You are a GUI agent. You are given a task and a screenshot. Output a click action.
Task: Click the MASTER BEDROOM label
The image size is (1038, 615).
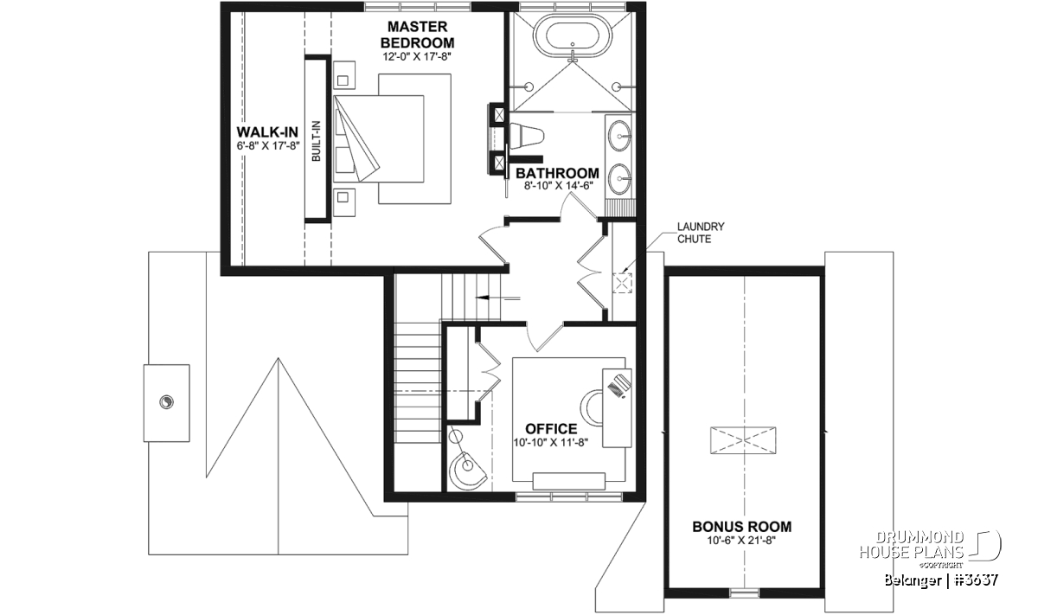click(417, 35)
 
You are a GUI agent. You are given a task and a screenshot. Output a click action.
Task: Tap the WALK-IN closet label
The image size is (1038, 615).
click(267, 132)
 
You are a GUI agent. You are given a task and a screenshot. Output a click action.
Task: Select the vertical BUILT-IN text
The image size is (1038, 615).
click(316, 141)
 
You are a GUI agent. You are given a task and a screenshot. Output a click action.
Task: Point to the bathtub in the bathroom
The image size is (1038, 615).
click(573, 35)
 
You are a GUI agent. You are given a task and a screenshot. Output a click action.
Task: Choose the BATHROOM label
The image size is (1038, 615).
click(557, 173)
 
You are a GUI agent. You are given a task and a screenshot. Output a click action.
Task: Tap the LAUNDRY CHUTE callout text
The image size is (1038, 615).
click(701, 233)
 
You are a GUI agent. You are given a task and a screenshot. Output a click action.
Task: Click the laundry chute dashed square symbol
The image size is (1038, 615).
click(622, 283)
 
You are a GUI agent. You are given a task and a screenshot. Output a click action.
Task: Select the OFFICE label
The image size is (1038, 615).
click(551, 429)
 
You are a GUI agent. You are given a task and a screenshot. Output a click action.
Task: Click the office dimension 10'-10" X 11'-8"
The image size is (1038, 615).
click(550, 442)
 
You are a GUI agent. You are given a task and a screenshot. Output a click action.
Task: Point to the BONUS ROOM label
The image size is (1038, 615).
click(742, 527)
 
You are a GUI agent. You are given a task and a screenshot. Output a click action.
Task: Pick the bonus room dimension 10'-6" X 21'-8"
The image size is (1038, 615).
click(741, 540)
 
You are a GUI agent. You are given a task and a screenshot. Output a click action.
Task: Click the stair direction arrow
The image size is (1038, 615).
click(498, 298)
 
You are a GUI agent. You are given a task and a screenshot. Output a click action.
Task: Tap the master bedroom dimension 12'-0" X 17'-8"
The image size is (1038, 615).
click(417, 56)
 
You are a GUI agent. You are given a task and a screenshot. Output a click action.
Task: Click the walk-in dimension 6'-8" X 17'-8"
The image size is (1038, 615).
click(268, 145)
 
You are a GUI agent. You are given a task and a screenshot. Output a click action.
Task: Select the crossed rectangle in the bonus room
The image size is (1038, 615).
click(743, 440)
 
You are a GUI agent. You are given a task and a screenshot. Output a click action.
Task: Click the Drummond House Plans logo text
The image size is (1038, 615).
click(912, 545)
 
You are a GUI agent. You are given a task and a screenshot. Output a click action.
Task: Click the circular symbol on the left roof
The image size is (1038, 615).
click(166, 402)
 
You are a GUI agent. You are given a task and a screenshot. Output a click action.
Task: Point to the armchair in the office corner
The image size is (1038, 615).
click(468, 470)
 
